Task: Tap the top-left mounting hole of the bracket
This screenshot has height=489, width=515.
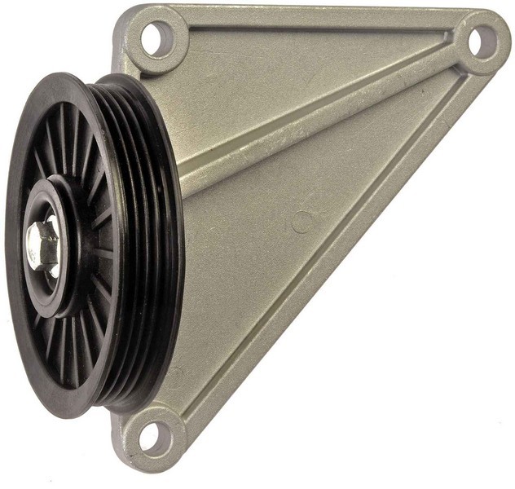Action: (156, 37)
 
